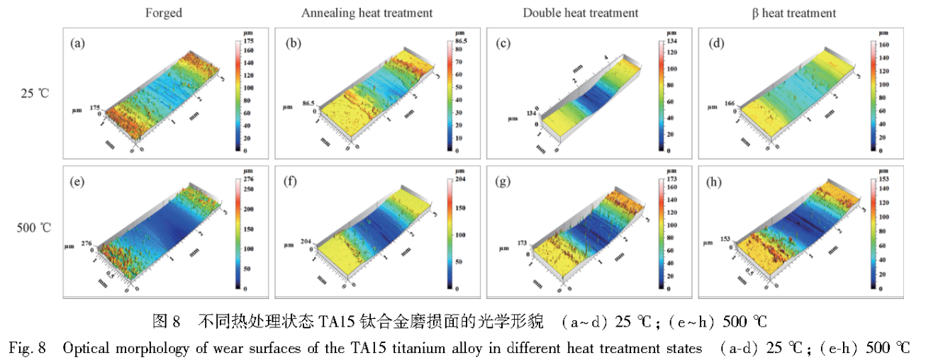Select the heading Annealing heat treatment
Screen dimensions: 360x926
(x=367, y=13)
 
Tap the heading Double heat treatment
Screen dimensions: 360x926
(x=581, y=13)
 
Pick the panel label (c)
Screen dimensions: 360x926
(x=505, y=44)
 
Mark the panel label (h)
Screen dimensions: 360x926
(x=717, y=182)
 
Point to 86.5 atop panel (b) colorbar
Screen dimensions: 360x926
(x=460, y=42)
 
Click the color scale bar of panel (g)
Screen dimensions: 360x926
(x=662, y=235)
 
